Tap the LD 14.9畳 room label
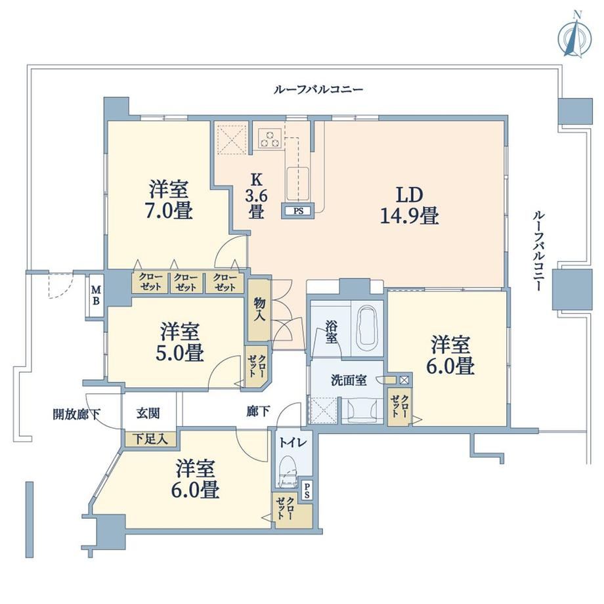(x=409, y=205)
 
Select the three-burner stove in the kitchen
(x=270, y=139)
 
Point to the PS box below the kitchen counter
(x=298, y=211)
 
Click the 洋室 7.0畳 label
(x=169, y=200)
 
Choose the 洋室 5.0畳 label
(x=179, y=343)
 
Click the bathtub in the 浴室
(x=366, y=326)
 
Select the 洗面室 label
(x=349, y=381)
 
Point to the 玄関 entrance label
(x=148, y=414)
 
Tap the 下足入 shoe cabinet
(x=150, y=439)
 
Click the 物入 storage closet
(x=259, y=310)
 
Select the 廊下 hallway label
(x=258, y=412)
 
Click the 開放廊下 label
(x=76, y=414)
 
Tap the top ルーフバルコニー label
(x=318, y=90)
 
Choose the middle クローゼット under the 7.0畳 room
(x=186, y=282)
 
